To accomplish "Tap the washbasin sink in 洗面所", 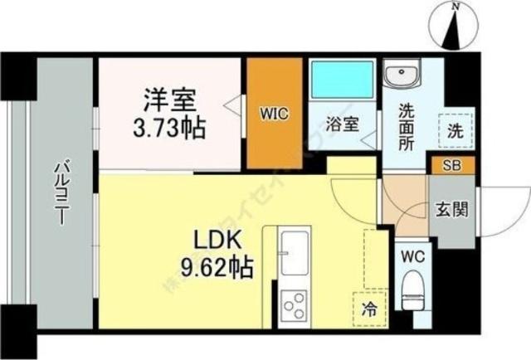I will tap(402, 76).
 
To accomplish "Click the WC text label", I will tap(413, 256).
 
